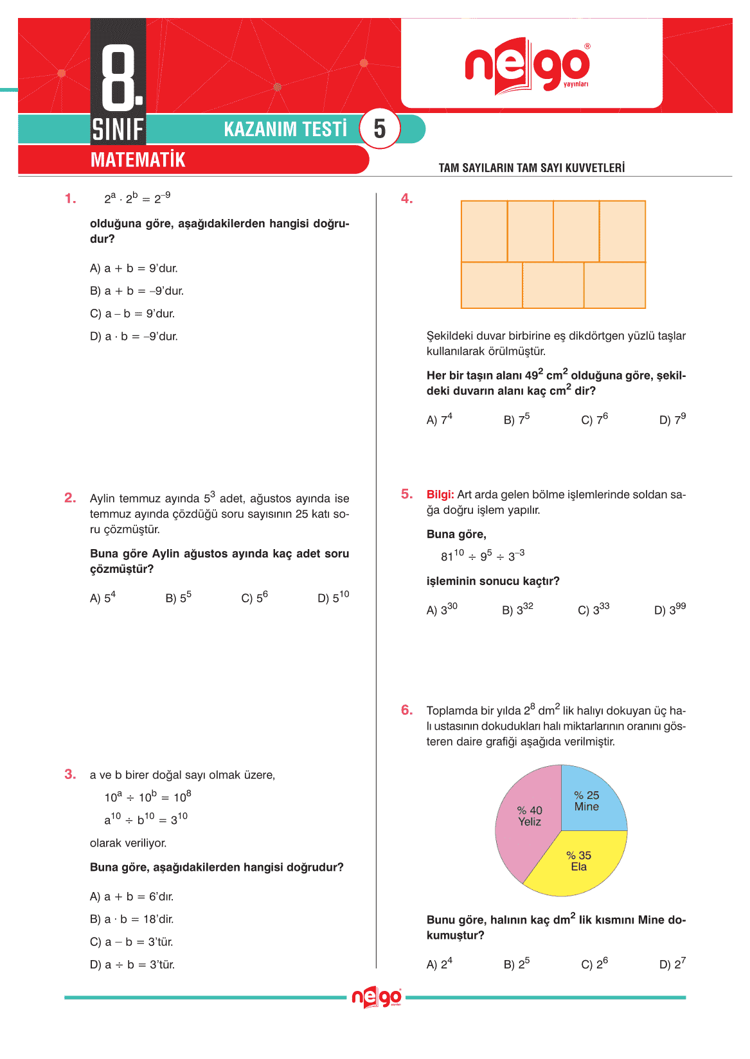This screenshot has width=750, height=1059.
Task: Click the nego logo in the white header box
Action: tap(527, 66)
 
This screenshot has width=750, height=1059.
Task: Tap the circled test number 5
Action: tap(380, 129)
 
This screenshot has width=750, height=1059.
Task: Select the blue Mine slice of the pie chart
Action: tap(590, 800)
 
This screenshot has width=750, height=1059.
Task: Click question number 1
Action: tap(70, 199)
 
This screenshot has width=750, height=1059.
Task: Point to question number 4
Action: tap(407, 199)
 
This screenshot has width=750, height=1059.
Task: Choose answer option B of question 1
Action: tap(137, 291)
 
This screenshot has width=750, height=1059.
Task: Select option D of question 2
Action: tap(333, 598)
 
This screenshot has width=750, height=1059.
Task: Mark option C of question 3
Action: tap(132, 942)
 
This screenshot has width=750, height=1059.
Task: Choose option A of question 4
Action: tap(440, 419)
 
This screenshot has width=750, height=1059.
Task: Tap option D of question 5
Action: tap(670, 609)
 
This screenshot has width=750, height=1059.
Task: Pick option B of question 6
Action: tap(517, 964)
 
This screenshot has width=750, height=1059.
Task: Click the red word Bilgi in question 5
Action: tap(440, 494)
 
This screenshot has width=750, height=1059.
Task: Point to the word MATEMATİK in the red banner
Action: tap(138, 160)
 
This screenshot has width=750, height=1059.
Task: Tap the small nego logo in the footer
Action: tap(377, 997)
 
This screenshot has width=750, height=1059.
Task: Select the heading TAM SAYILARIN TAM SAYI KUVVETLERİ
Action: tap(531, 168)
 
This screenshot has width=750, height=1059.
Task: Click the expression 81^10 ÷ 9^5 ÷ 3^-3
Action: tap(483, 556)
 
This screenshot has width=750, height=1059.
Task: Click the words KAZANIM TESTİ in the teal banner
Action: tap(285, 129)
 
